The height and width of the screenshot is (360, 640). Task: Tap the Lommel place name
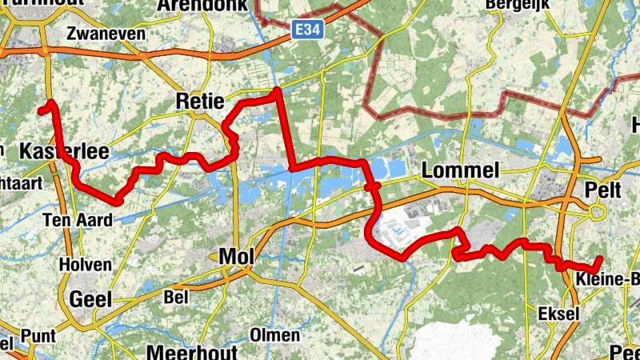pos(459,170)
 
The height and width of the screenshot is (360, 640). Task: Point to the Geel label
pos(90,299)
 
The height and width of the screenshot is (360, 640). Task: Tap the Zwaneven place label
pos(106,34)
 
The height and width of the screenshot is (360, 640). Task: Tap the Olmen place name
pos(274,334)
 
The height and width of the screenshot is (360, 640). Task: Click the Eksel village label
pos(559,314)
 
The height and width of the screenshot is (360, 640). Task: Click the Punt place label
pos(39,334)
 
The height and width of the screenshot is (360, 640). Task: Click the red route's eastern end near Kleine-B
pos(599,258)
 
